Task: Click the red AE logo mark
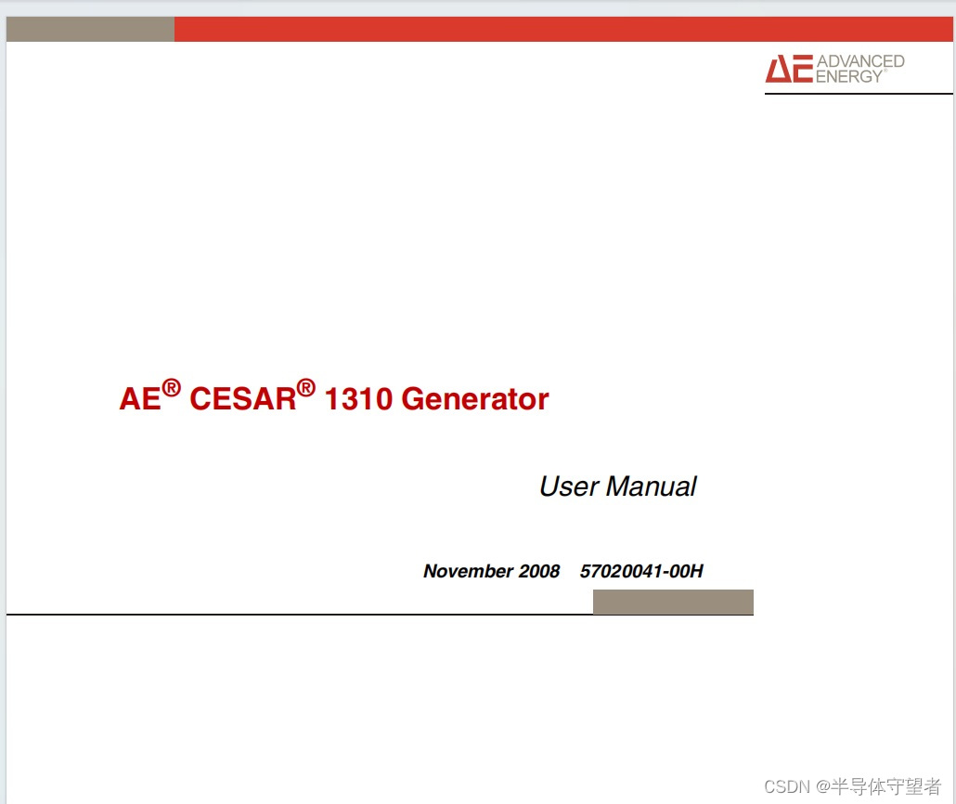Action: tap(788, 69)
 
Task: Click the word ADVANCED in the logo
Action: tap(860, 61)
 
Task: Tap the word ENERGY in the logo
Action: tap(848, 77)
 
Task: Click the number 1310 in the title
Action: tap(358, 399)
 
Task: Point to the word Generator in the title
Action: tap(475, 399)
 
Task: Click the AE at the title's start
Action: tap(139, 399)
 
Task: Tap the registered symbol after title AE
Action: tap(171, 388)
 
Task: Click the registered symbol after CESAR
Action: tap(306, 388)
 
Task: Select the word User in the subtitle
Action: tap(568, 486)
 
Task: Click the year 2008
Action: tap(539, 571)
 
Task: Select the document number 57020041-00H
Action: tap(641, 571)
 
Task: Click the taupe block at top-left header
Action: tap(90, 29)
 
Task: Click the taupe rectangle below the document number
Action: tap(673, 602)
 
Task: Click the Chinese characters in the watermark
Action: tap(885, 786)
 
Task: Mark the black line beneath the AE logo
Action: tap(859, 94)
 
